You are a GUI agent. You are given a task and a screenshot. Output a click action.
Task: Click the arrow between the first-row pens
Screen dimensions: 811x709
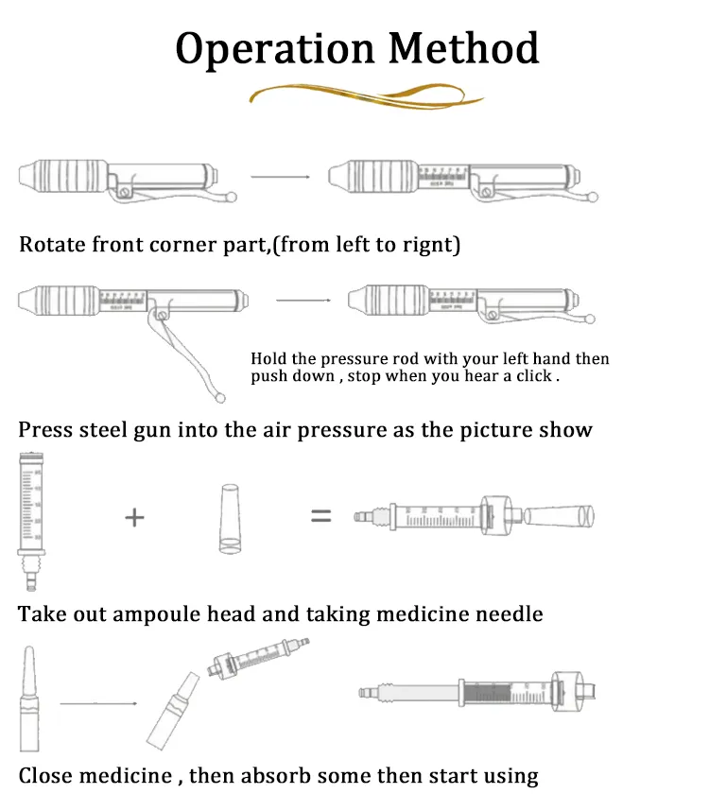(280, 177)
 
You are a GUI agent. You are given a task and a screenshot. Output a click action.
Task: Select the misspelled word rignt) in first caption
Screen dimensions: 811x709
(427, 245)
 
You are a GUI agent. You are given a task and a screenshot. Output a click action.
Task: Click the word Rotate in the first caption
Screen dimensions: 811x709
(53, 245)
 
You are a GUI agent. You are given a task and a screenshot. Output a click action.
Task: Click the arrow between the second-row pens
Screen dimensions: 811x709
(303, 301)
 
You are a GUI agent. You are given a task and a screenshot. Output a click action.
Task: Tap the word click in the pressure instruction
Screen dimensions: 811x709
(535, 376)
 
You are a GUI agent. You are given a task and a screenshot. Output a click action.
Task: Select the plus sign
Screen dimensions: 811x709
(135, 517)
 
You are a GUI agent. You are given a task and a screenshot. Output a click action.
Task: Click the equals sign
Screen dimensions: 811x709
(321, 516)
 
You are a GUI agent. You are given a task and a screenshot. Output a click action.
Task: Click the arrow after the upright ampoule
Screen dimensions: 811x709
(99, 703)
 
